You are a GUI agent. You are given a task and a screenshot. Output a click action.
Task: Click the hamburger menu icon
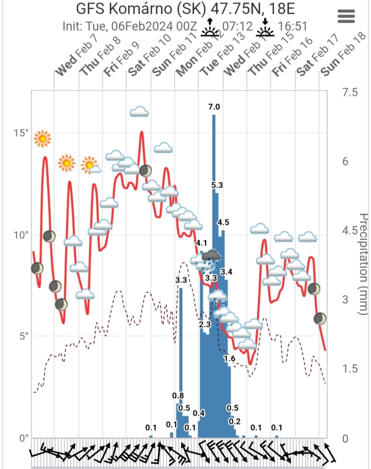coord(346,16)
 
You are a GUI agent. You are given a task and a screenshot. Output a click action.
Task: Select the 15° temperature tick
coord(22,133)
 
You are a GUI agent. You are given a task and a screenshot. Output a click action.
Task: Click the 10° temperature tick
coord(22,235)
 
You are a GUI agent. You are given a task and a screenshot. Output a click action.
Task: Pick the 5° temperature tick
coord(24,336)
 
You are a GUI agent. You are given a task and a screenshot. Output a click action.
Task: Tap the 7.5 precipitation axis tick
coord(350,92)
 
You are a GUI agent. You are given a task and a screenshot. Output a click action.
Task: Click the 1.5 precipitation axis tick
coord(350,369)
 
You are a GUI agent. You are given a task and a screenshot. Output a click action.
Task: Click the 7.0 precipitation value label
coord(214,107)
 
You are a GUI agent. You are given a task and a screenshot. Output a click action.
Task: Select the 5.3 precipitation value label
coord(217,185)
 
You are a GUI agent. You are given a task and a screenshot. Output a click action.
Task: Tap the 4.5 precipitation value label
coord(223,222)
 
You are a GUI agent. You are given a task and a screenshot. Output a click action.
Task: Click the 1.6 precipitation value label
coord(229,358)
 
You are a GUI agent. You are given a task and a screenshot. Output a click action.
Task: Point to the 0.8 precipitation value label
coord(178,396)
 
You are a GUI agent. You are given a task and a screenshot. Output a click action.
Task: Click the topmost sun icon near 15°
coord(42,139)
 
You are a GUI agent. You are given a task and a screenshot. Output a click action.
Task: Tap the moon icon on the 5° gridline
coord(320,319)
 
